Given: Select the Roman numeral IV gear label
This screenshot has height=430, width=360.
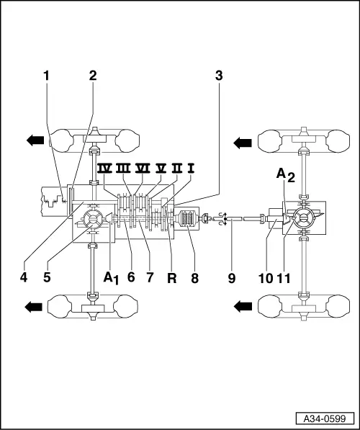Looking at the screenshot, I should pos(104,169).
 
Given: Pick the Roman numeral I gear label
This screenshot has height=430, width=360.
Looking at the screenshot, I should pos(191,169).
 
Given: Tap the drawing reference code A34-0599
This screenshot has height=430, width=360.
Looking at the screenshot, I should pos(325,418).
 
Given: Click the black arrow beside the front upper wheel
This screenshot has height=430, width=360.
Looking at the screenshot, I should pos(35,140).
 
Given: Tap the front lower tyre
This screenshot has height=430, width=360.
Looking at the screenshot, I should pos(92,305).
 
